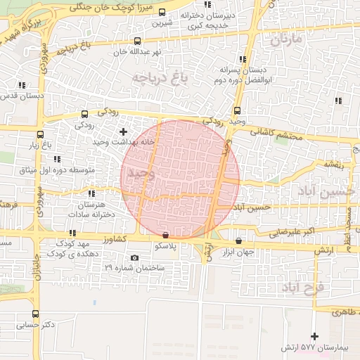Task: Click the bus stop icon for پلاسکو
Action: (x=165, y=236)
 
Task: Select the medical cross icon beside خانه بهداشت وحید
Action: (x=124, y=131)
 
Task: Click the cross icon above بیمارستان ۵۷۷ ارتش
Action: (x=314, y=337)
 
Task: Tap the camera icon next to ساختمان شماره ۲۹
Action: (x=134, y=257)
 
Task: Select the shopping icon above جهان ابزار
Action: (x=238, y=240)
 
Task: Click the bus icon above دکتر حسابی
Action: (x=35, y=314)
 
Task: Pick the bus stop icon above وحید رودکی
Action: (x=236, y=110)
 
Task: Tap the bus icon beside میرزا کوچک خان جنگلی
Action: (x=162, y=13)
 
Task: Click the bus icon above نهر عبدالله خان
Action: (x=136, y=41)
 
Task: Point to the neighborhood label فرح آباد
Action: (x=302, y=287)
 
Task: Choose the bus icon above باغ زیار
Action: (x=41, y=134)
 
